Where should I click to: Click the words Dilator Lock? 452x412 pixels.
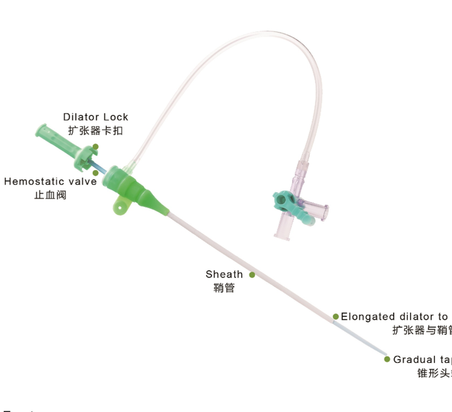(x=95, y=117)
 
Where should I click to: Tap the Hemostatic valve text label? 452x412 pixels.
(x=50, y=182)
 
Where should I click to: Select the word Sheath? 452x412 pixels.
(x=224, y=275)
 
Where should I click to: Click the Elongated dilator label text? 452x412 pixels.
(x=395, y=317)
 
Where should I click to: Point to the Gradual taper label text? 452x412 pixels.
(x=422, y=360)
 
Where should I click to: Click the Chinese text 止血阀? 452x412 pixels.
(x=50, y=195)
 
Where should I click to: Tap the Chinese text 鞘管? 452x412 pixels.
(x=224, y=288)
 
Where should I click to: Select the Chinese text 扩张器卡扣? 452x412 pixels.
(x=95, y=130)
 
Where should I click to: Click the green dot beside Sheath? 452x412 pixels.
(x=252, y=275)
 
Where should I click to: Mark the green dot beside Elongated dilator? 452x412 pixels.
(x=336, y=317)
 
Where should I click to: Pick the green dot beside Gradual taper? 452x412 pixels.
(x=387, y=359)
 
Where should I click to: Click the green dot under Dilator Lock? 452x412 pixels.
(x=95, y=147)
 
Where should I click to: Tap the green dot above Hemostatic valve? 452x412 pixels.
(x=95, y=172)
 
